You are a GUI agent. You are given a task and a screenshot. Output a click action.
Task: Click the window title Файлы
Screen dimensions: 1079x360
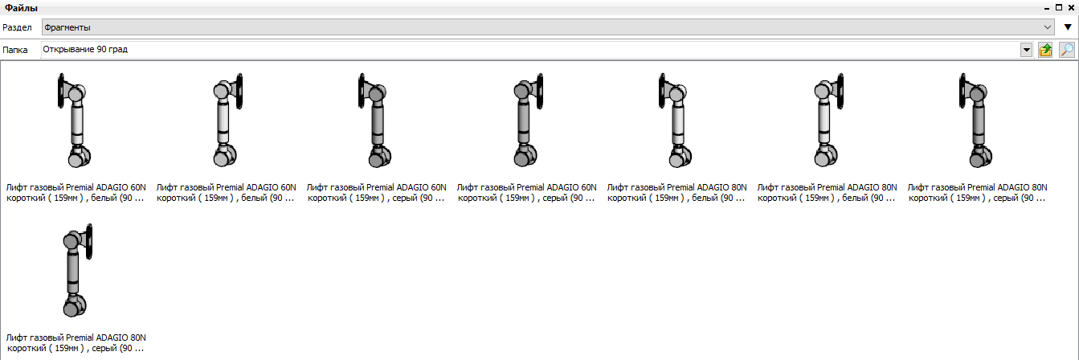click(21, 8)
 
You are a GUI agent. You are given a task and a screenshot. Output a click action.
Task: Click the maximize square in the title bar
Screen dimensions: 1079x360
click(1059, 7)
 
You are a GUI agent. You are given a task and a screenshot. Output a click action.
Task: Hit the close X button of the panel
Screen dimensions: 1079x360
click(1071, 7)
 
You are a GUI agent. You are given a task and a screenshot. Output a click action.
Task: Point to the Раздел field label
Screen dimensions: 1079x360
click(17, 27)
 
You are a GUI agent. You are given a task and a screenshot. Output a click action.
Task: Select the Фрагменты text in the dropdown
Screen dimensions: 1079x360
click(67, 27)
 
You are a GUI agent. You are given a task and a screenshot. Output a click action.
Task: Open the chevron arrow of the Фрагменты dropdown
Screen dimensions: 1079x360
click(1047, 27)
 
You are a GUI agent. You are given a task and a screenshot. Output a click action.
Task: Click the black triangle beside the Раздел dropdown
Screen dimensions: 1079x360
click(1068, 27)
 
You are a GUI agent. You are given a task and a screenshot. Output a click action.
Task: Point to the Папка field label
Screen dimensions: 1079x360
click(15, 50)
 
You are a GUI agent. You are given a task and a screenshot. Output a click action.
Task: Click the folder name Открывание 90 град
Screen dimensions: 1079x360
click(85, 49)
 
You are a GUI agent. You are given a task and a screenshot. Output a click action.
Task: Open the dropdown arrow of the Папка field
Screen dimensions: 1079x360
click(1027, 50)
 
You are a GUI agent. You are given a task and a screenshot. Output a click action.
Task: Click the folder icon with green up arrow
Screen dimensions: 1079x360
click(1046, 50)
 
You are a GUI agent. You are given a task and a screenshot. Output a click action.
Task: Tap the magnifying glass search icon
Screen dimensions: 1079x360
click(1067, 50)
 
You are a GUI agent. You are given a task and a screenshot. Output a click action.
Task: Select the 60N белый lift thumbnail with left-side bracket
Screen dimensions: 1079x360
click(74, 120)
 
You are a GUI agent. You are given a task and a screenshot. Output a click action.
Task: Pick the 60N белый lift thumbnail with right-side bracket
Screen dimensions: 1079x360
click(227, 120)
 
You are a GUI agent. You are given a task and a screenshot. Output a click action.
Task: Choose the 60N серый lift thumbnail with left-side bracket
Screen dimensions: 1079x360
click(375, 120)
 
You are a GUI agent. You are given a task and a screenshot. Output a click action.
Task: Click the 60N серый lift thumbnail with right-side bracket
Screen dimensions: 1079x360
click(528, 120)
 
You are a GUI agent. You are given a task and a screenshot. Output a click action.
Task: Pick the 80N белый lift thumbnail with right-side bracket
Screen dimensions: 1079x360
click(828, 120)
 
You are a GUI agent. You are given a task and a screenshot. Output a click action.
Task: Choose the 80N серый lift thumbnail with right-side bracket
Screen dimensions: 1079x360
click(77, 270)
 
